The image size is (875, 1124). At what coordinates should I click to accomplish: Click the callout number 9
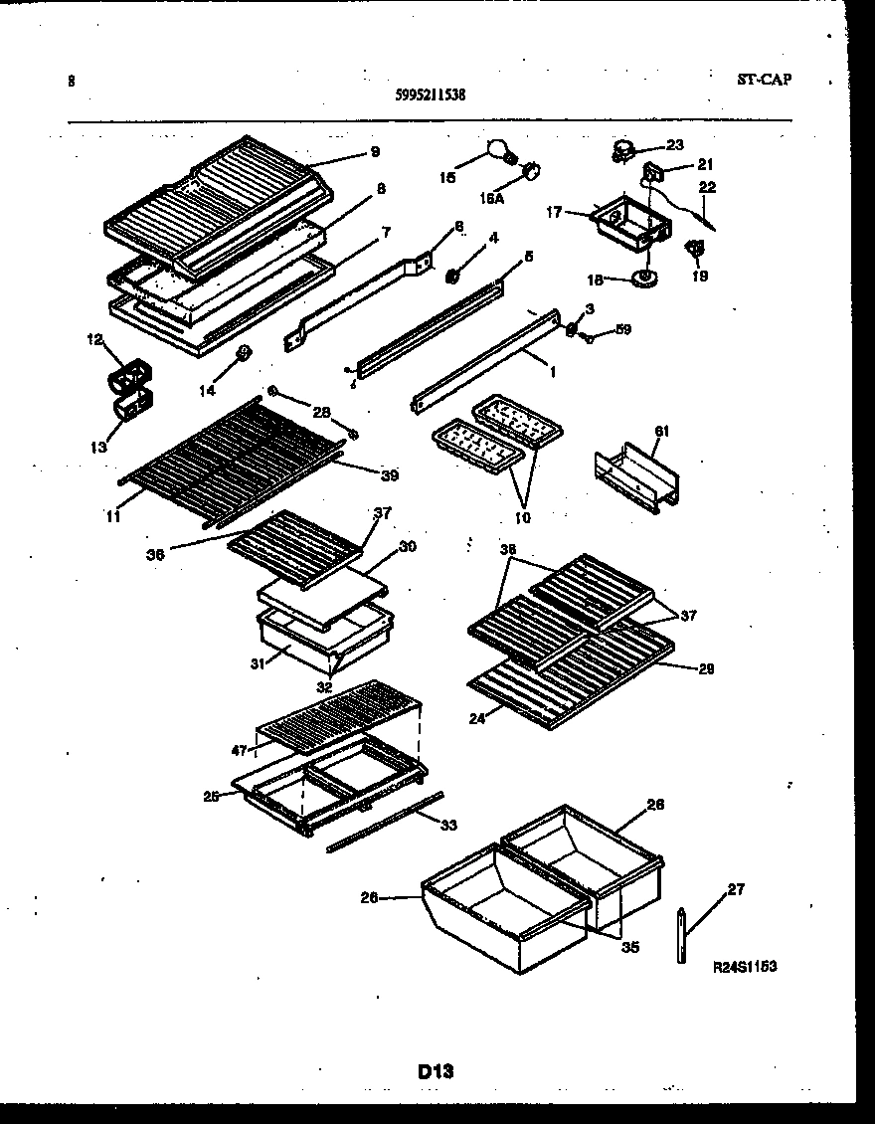tap(375, 152)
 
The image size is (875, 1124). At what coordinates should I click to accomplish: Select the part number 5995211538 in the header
tap(431, 95)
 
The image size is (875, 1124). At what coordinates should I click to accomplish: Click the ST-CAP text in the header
tap(765, 80)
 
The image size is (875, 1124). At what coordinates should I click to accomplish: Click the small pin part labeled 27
tap(682, 935)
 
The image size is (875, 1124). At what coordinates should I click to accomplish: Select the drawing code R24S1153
tap(745, 966)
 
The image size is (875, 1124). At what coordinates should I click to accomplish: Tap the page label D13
tap(436, 1071)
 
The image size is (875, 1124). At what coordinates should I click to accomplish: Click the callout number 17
tap(554, 211)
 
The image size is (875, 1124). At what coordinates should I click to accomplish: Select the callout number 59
tap(622, 329)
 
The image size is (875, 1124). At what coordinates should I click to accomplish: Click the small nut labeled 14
tap(241, 352)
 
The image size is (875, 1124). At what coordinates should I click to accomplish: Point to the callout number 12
tap(94, 340)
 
